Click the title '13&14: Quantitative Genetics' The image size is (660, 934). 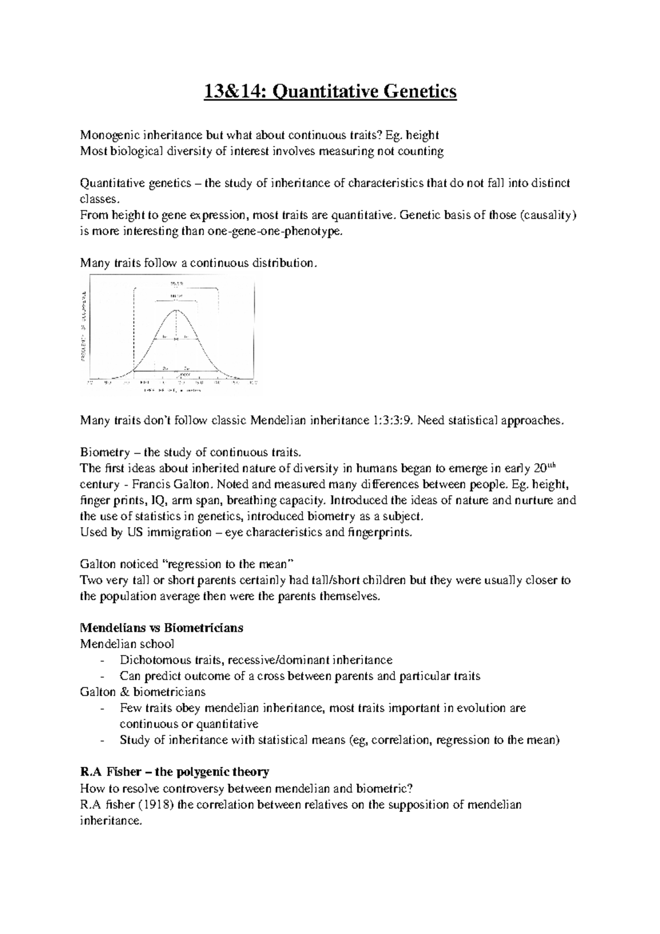[x=330, y=91]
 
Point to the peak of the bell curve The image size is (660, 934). [x=176, y=310]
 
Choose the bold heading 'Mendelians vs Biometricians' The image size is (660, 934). [x=162, y=628]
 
